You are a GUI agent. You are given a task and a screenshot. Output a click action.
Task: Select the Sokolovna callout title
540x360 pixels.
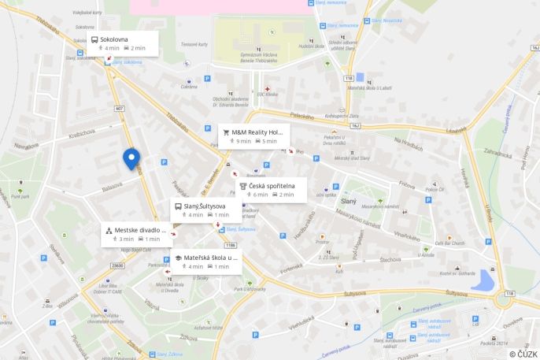point(114,39)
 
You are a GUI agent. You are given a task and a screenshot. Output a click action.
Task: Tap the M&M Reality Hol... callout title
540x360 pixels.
point(257,132)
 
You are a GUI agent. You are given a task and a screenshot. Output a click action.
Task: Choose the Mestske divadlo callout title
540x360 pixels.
point(138,230)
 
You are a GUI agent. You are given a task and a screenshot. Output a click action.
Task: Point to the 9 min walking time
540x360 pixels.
point(243,142)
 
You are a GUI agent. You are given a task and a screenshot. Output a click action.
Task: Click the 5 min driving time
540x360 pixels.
point(269,142)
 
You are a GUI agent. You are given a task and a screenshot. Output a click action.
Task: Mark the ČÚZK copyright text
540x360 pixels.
point(523,354)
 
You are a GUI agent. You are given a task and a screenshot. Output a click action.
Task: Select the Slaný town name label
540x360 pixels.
point(348,202)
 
